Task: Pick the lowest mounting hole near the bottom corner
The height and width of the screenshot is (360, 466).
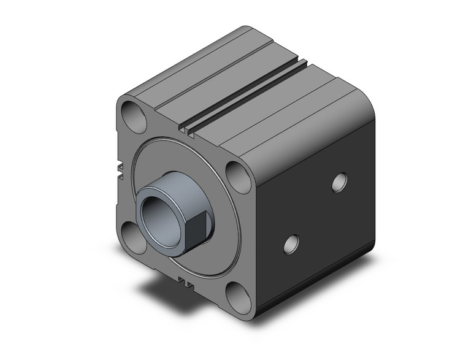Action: coord(238,297)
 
